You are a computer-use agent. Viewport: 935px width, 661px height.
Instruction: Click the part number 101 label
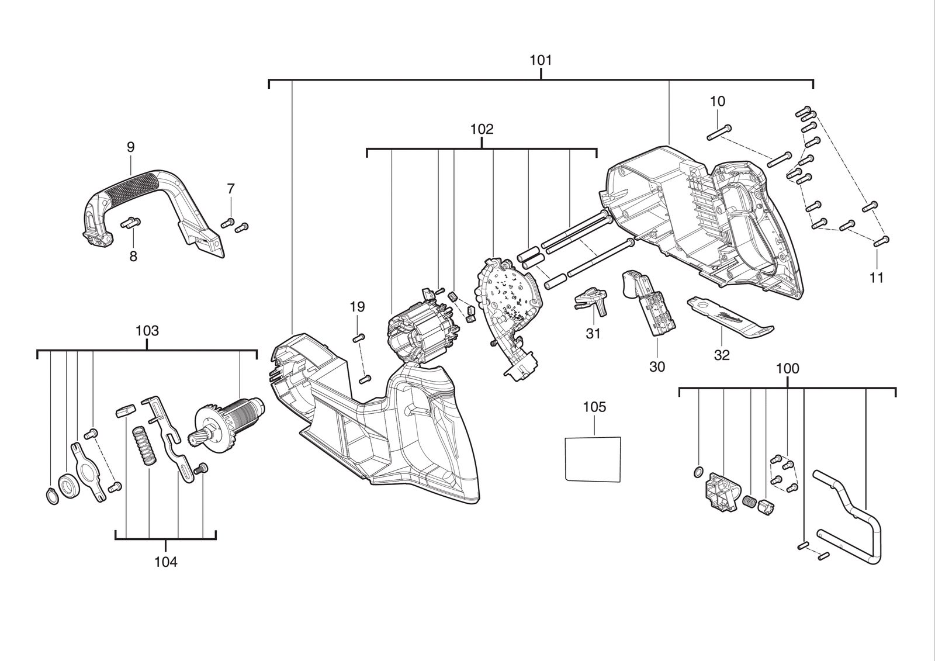click(541, 61)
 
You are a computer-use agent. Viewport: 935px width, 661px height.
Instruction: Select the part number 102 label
click(482, 129)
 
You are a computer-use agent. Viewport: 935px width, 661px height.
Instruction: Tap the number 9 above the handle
click(131, 147)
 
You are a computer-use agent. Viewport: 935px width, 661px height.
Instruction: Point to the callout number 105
click(594, 407)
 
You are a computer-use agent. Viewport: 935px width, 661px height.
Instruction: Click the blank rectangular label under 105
click(593, 459)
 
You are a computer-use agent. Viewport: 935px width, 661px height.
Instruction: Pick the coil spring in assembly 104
click(144, 445)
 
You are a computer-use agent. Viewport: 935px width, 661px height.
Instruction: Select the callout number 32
click(722, 355)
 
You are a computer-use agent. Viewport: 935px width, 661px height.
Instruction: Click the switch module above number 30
click(647, 303)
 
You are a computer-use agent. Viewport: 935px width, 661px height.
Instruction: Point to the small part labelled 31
click(592, 302)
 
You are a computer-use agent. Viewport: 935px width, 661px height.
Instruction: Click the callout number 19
click(357, 307)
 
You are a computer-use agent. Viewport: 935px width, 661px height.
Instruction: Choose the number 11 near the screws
click(877, 277)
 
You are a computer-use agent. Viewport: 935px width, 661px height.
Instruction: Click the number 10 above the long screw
click(718, 101)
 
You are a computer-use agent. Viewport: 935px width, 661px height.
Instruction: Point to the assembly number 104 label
click(166, 562)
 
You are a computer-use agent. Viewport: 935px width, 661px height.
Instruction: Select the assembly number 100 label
click(787, 369)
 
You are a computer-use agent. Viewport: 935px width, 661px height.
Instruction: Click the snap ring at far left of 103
click(52, 496)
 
